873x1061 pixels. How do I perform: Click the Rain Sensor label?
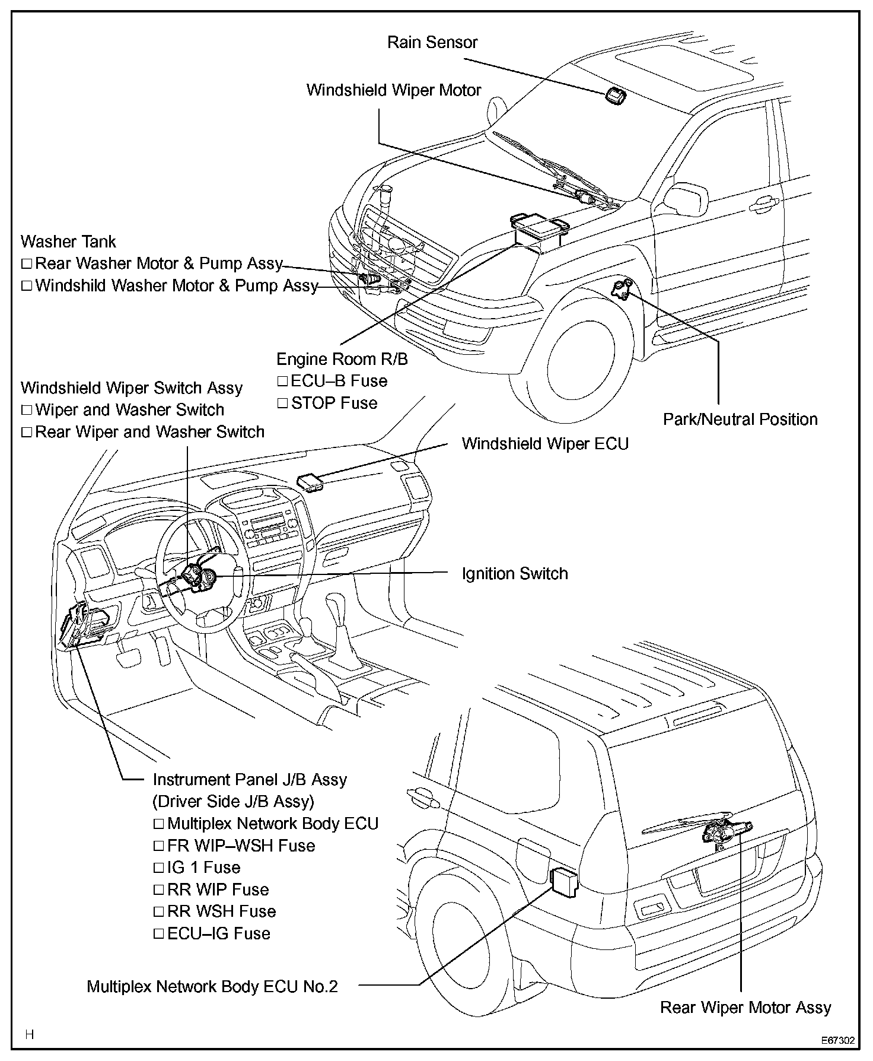[x=432, y=43]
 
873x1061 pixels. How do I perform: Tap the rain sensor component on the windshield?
[x=615, y=96]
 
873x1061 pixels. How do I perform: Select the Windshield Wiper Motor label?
[x=394, y=90]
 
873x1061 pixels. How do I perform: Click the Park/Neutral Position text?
[x=740, y=420]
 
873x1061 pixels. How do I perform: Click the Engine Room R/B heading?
[x=342, y=359]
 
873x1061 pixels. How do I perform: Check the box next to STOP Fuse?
[x=282, y=404]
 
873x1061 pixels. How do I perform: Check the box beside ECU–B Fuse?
[x=282, y=382]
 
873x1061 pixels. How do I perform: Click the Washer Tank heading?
[x=68, y=242]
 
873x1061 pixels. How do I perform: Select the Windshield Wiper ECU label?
[x=545, y=444]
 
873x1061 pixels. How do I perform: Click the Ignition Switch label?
[x=515, y=574]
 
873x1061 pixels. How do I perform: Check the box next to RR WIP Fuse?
[x=158, y=890]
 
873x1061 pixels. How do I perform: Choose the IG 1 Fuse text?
[x=204, y=868]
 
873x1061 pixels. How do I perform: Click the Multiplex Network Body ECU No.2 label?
[x=212, y=987]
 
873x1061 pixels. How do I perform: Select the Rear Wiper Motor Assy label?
[x=745, y=1008]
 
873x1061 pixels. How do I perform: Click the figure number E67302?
[x=837, y=1041]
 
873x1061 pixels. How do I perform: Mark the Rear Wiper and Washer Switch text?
[x=150, y=432]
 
